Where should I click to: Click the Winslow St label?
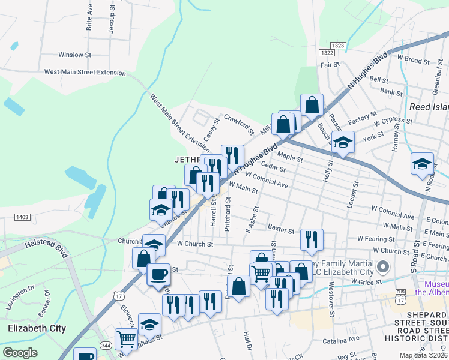74,55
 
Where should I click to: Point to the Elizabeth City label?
37,328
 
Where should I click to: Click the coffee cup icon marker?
158,274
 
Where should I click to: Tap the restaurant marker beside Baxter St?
312,239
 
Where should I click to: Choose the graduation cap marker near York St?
343,142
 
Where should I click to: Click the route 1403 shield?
22,217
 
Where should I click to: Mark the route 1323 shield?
337,45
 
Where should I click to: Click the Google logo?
20,353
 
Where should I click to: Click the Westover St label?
331,302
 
